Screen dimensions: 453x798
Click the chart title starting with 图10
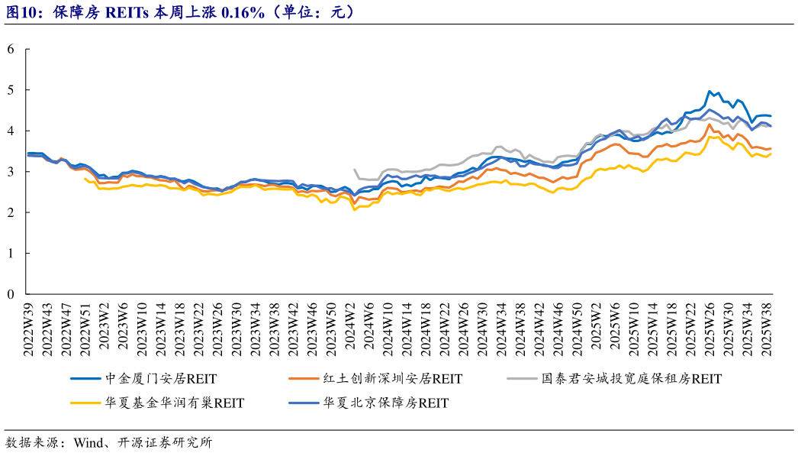click(180, 12)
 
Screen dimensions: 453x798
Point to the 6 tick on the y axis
click(11, 50)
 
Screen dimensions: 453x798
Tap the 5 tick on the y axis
click(11, 90)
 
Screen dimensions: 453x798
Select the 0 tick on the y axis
click(11, 294)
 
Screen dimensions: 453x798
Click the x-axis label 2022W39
click(30, 327)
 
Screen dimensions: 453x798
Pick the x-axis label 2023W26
click(218, 327)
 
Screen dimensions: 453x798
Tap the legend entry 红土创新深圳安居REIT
click(392, 378)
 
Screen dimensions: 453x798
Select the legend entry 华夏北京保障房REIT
click(385, 403)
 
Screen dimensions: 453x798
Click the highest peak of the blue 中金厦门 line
click(710, 91)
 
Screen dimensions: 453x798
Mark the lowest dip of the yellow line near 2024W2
click(355, 209)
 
